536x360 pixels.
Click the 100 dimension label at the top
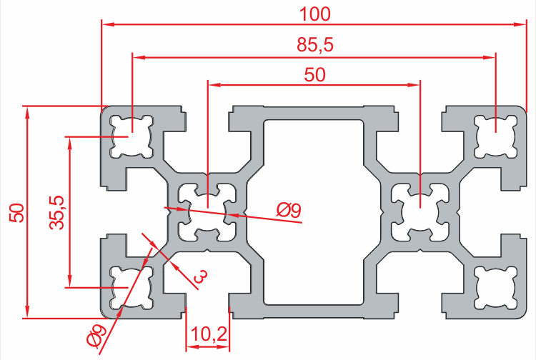tap(314, 12)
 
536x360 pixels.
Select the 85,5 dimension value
tap(314, 46)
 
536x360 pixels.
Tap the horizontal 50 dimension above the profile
tap(314, 74)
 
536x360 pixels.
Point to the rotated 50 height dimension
tap(16, 212)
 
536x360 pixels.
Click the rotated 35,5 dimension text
tap(58, 212)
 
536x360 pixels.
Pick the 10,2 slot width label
tap(209, 334)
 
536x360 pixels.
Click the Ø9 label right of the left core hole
tap(289, 210)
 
